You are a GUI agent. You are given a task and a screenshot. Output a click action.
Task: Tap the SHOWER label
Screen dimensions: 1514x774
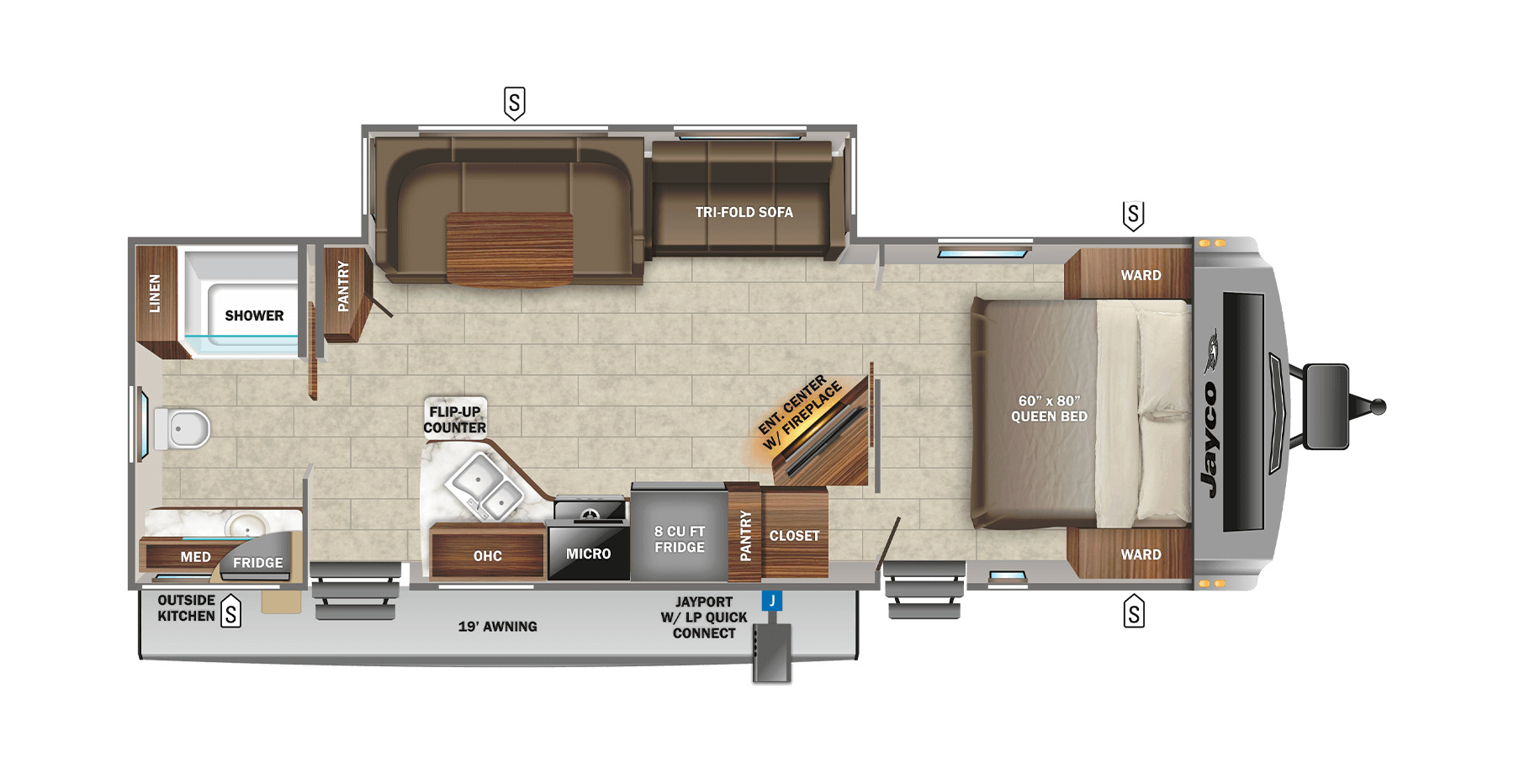click(254, 315)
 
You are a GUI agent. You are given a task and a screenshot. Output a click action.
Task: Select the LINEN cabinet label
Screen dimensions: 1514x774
click(155, 293)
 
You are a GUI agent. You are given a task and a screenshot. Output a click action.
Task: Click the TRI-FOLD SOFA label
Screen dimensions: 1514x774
click(744, 212)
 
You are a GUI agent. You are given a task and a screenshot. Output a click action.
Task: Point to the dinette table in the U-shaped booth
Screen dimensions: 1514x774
click(510, 249)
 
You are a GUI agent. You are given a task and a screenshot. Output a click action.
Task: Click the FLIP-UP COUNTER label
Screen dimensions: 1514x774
click(455, 420)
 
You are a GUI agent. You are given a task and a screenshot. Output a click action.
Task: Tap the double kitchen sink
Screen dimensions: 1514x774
click(483, 486)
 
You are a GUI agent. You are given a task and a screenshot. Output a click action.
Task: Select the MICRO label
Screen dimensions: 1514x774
click(588, 554)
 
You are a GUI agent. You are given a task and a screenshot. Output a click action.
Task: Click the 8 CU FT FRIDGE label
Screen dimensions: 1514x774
click(680, 539)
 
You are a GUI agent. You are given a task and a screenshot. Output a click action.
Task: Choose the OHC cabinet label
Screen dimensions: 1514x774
click(488, 556)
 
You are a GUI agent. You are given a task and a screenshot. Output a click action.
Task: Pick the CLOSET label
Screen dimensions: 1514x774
click(794, 536)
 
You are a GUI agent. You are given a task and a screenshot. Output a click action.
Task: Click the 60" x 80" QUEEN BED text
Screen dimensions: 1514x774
click(1049, 409)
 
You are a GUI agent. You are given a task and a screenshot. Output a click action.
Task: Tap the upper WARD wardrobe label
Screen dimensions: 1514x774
click(1141, 275)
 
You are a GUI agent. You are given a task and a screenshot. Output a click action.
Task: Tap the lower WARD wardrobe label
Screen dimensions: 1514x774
click(1141, 554)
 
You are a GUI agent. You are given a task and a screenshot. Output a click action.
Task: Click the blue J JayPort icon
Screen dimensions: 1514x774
click(772, 601)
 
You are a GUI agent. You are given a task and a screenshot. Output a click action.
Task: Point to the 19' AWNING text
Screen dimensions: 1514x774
click(497, 627)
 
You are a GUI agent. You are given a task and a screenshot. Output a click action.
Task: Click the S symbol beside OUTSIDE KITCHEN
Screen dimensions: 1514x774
click(230, 612)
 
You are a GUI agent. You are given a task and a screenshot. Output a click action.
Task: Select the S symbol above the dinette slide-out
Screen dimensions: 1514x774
click(514, 103)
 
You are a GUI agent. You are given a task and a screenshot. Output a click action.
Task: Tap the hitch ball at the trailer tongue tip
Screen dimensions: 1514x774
click(1378, 407)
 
